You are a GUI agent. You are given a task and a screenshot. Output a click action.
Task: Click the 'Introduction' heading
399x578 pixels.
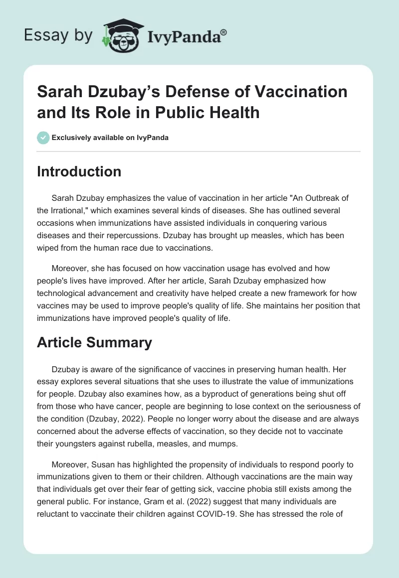[x=79, y=171]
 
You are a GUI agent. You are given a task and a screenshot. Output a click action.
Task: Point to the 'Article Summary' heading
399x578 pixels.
[x=95, y=343]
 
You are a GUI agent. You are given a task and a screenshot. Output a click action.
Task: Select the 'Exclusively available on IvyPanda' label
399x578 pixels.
[x=110, y=138]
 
